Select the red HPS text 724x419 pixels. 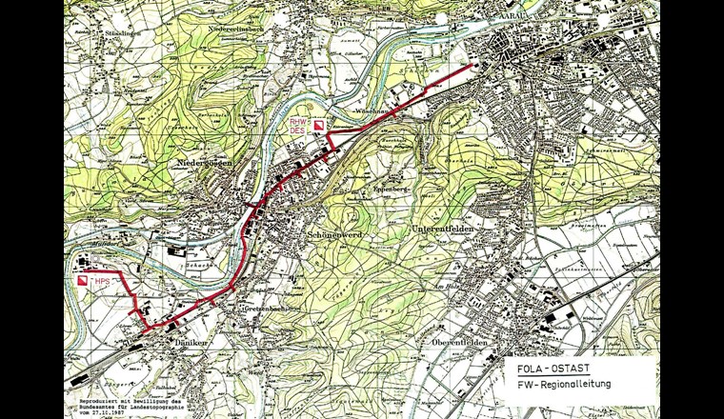tap(103, 283)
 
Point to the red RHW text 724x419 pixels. tap(298, 122)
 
